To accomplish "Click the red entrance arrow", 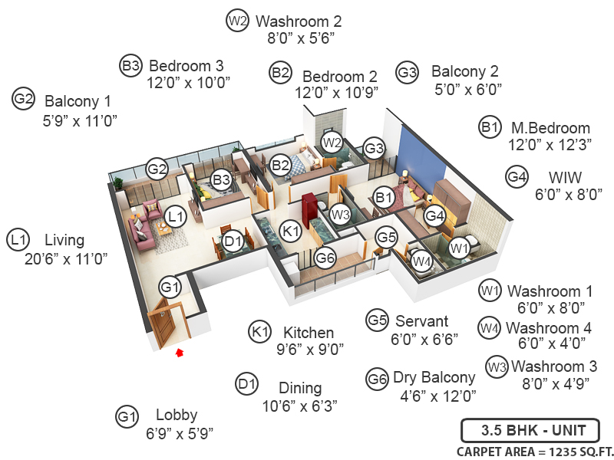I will click(180, 353).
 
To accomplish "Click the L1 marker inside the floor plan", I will click(177, 217).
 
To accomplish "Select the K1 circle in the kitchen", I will click(290, 230).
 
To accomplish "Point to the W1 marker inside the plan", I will click(459, 248).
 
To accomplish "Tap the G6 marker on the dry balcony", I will click(325, 259).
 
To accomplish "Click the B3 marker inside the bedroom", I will click(222, 179).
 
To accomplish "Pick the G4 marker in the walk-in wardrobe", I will click(435, 216).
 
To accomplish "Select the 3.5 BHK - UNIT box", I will click(530, 429).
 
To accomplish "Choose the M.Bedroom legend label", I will click(550, 128).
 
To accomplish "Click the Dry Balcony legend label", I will click(434, 377).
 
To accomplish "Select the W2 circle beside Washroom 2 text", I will click(237, 21).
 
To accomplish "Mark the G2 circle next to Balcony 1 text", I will click(24, 99).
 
